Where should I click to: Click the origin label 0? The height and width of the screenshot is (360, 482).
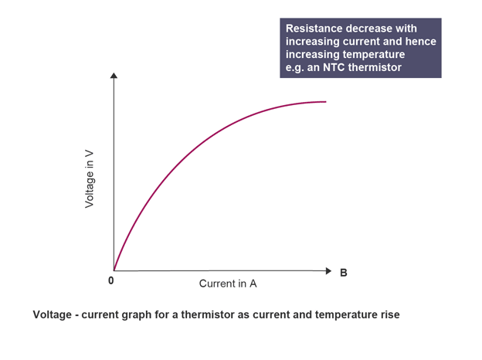coord(111,281)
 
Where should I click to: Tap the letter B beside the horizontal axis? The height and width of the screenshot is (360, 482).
coord(344,272)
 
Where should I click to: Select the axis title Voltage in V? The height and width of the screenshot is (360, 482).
coord(90,179)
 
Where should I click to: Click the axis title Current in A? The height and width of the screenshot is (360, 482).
coord(228,284)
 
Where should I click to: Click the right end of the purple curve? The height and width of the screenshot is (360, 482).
coord(325,102)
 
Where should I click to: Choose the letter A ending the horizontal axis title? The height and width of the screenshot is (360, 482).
coord(253,284)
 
